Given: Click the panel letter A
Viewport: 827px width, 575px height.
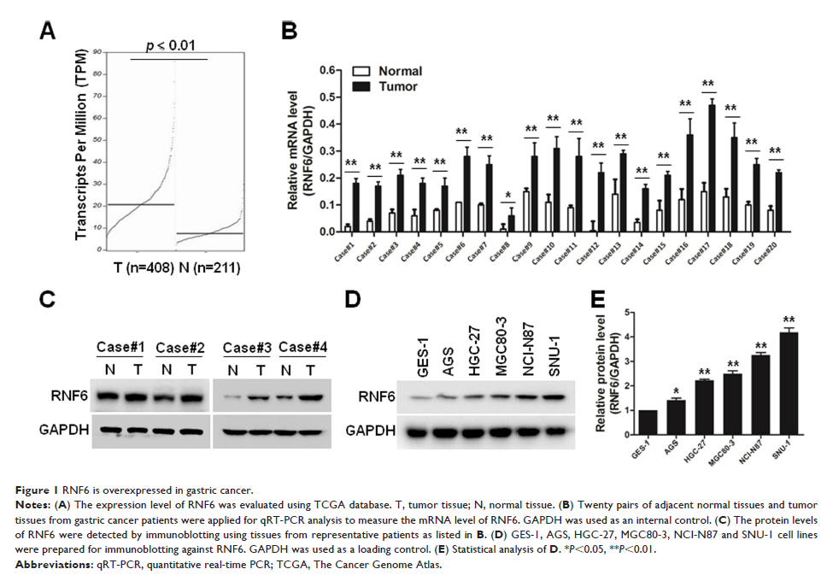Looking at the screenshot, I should tap(49, 32).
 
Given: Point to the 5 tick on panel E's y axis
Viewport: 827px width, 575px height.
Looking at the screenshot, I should tap(625, 311).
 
